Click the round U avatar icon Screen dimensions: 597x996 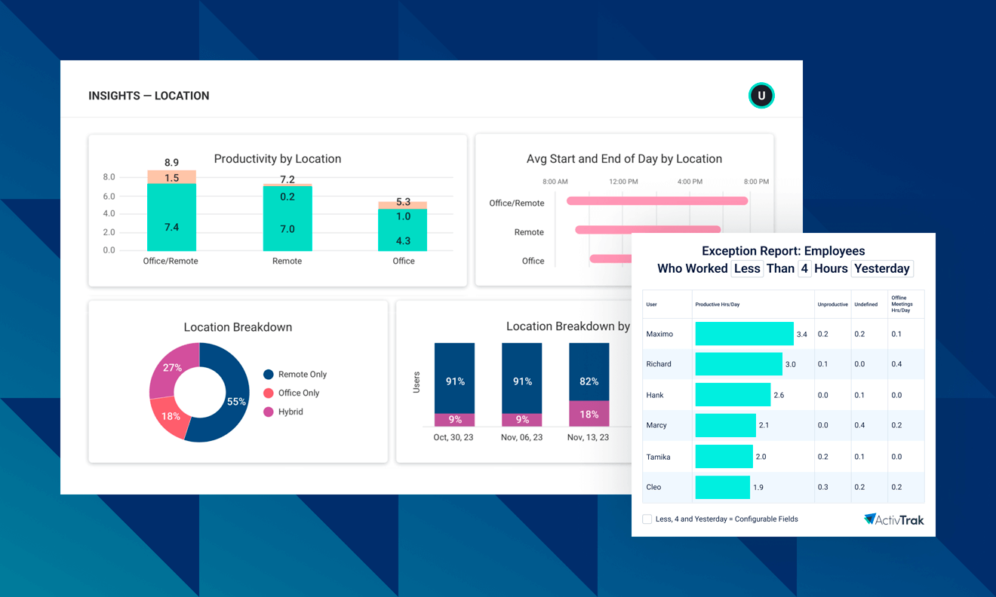click(x=761, y=96)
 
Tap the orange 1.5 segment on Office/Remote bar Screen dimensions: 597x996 click(x=171, y=177)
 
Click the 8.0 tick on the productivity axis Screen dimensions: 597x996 click(x=109, y=177)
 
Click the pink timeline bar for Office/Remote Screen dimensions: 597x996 click(x=656, y=201)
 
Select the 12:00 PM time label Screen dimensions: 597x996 click(x=622, y=182)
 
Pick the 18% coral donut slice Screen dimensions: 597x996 click(x=170, y=416)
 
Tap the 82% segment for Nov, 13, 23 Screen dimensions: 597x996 click(x=589, y=372)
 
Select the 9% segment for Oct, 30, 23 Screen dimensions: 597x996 click(x=454, y=420)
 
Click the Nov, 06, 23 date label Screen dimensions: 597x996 click(x=521, y=437)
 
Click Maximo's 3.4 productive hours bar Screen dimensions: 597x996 click(x=744, y=334)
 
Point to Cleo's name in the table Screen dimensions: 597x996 click(x=653, y=487)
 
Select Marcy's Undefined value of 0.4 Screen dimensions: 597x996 click(x=859, y=425)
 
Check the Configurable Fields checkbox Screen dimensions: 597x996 click(x=647, y=519)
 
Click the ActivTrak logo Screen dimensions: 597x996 click(x=893, y=519)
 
